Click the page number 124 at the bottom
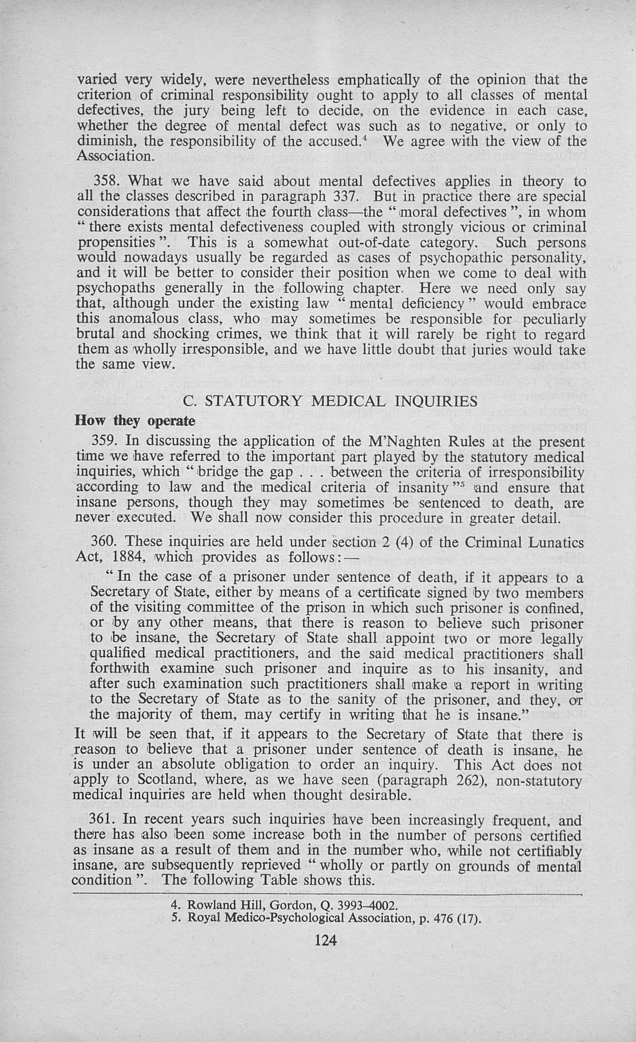pos(326,940)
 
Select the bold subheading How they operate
pos(135,421)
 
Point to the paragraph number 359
pos(105,441)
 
